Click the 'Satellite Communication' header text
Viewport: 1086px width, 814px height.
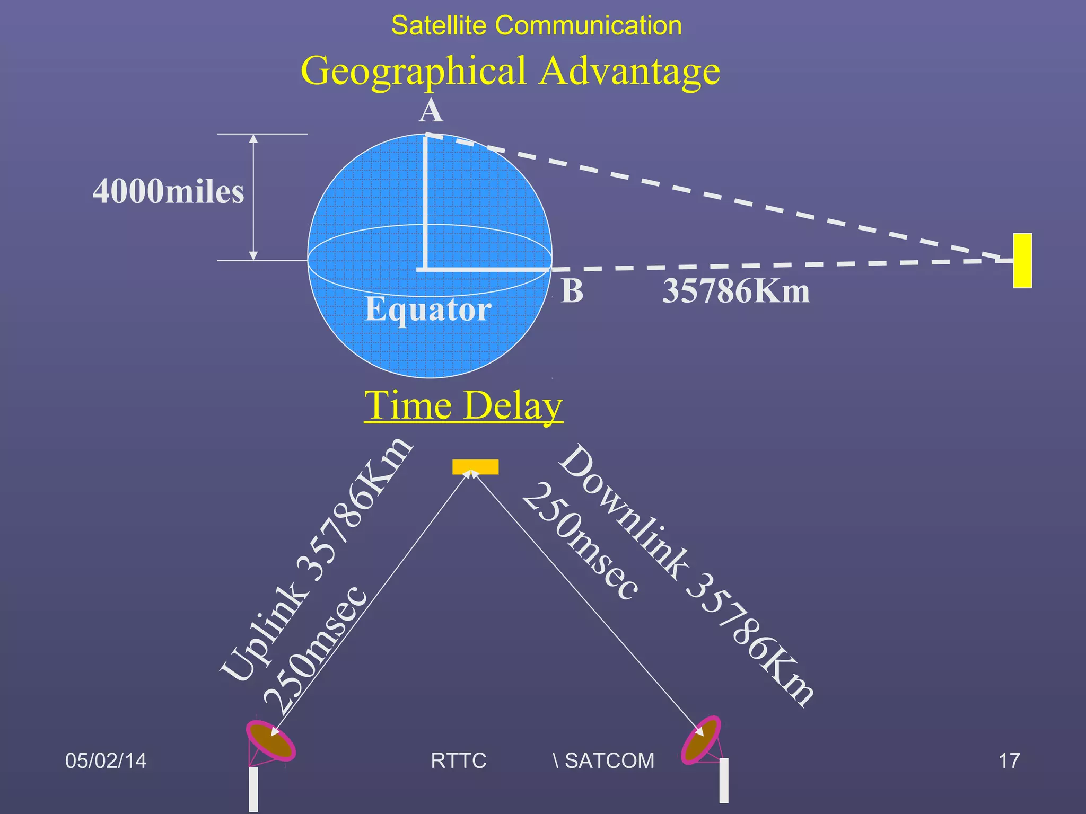[x=536, y=25]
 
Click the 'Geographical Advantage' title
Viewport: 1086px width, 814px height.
[x=510, y=71]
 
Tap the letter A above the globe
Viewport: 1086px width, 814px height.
[x=430, y=111]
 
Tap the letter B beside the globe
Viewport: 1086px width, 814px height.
[x=572, y=291]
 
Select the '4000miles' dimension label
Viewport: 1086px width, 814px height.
[x=168, y=191]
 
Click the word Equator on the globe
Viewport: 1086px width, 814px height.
[x=428, y=309]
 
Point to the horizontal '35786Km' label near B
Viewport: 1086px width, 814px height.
[x=736, y=291]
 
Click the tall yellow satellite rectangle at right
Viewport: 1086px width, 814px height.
[x=1022, y=261]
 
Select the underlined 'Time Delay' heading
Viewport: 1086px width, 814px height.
[x=463, y=405]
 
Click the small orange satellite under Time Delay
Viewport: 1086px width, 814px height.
[x=475, y=466]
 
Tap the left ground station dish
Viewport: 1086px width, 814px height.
[x=270, y=741]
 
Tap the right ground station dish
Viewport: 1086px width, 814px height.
[x=701, y=740]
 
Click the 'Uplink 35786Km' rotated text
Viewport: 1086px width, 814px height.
[x=316, y=559]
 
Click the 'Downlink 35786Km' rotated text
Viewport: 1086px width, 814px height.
[x=687, y=575]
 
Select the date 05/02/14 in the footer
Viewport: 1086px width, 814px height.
[x=106, y=760]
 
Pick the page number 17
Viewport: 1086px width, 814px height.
[x=1009, y=760]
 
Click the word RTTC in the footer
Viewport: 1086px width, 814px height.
[x=458, y=760]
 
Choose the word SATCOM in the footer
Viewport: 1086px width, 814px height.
[x=609, y=760]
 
